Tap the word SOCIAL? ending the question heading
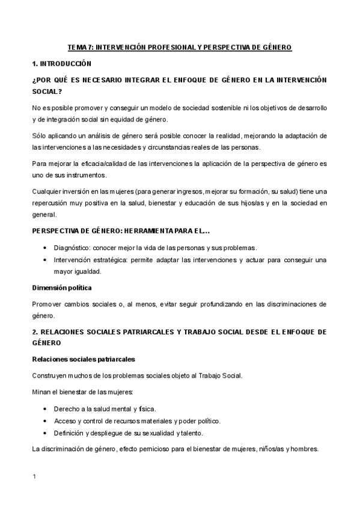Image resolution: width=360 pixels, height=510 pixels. (x=47, y=91)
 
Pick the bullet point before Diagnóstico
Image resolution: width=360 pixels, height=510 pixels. (x=47, y=248)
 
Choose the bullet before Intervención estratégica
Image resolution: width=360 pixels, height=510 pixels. (x=47, y=260)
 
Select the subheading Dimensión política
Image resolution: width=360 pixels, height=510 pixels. (x=62, y=288)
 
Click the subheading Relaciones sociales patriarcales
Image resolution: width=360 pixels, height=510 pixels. (x=83, y=360)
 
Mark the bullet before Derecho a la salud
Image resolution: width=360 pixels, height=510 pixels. (x=47, y=409)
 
